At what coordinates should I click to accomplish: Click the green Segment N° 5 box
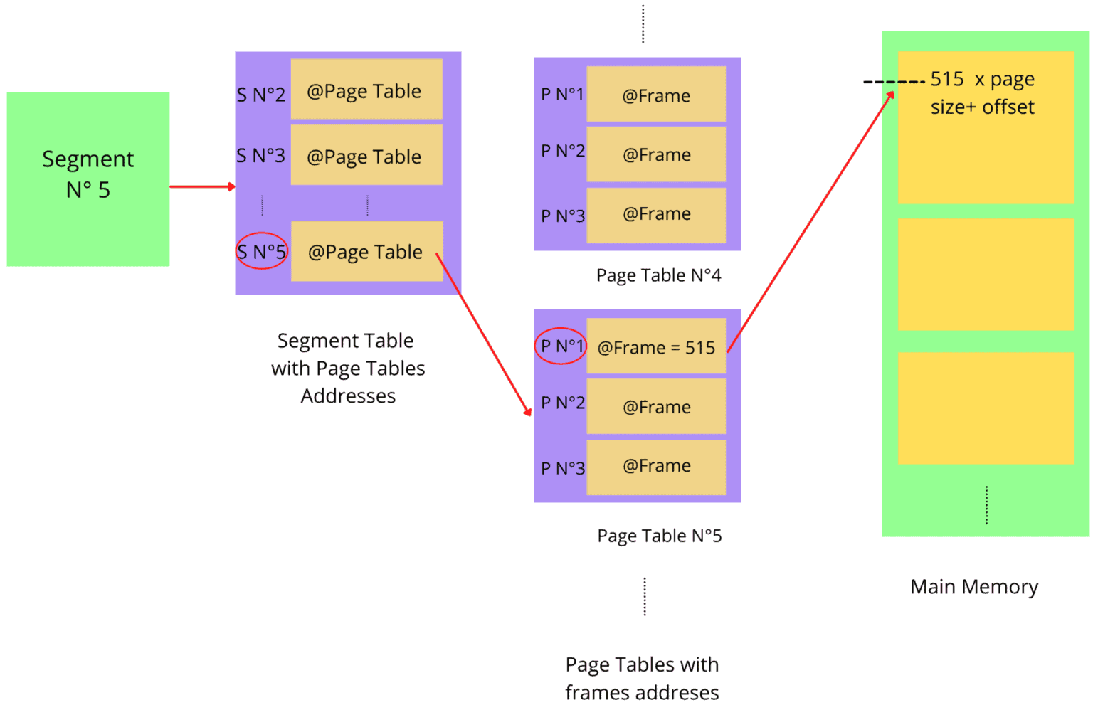[x=88, y=179]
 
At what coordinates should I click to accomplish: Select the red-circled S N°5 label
[x=262, y=251]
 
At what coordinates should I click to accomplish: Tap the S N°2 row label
[x=260, y=95]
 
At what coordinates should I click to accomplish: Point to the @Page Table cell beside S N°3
[x=366, y=156]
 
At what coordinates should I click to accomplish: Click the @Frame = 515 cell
[x=655, y=347]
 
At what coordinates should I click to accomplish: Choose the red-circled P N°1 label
[x=561, y=346]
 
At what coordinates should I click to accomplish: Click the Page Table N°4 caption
[x=658, y=275]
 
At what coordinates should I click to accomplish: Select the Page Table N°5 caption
[x=659, y=536]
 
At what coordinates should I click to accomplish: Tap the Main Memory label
[x=973, y=587]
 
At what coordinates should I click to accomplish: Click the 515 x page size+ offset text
[x=982, y=93]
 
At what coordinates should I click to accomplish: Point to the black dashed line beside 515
[x=892, y=82]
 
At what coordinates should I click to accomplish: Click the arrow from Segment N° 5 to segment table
[x=202, y=186]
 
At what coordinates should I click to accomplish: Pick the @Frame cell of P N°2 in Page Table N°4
[x=655, y=154]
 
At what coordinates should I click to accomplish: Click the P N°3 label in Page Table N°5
[x=562, y=468]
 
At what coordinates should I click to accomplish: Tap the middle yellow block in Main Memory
[x=985, y=275]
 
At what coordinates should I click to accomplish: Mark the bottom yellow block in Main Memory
[x=985, y=408]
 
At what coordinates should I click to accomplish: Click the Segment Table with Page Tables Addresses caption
[x=347, y=368]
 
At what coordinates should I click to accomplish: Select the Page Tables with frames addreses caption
[x=642, y=678]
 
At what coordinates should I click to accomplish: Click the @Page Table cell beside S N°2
[x=366, y=90]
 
